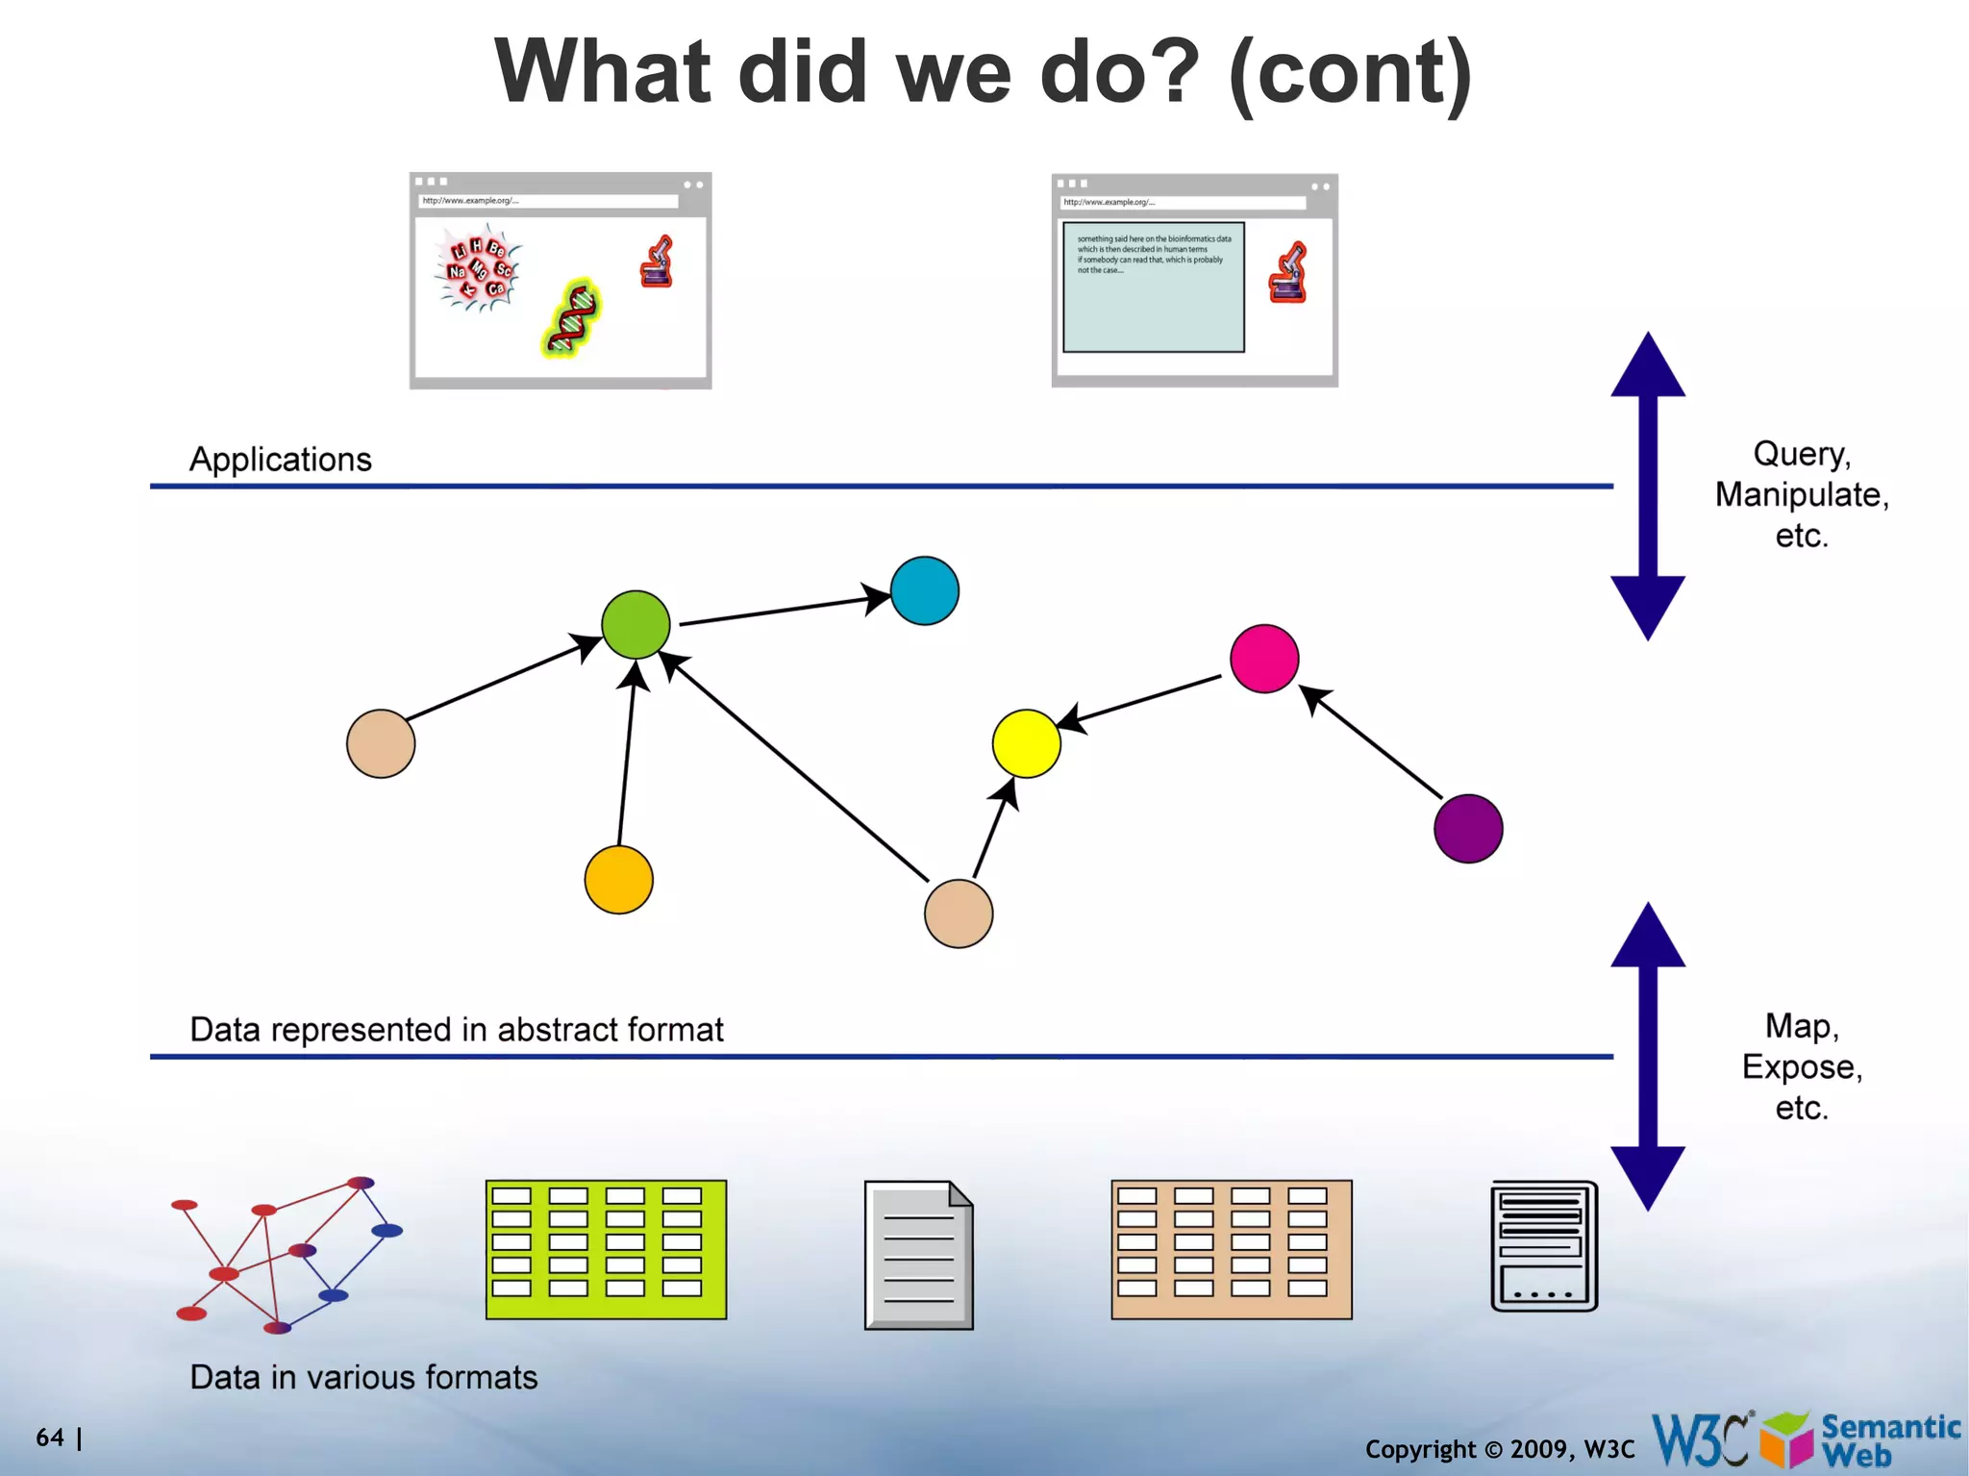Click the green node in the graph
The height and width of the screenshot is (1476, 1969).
636,625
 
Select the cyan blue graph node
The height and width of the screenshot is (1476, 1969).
924,590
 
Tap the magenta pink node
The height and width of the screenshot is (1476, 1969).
1264,659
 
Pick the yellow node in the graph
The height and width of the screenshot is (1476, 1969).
1026,743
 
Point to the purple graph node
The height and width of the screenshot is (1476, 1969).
1467,828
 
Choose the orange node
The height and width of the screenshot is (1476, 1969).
618,880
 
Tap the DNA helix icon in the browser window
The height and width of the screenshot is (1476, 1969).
572,318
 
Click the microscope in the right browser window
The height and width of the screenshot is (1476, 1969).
1287,273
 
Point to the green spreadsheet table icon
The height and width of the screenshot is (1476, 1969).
606,1249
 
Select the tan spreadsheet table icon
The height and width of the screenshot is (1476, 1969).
1231,1249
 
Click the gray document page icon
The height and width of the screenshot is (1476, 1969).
918,1255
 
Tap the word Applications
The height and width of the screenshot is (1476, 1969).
280,460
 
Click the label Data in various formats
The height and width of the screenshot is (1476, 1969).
363,1377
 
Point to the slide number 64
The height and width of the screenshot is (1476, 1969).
50,1438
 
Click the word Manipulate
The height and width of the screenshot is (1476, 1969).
1801,495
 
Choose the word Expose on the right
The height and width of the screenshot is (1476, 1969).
1801,1067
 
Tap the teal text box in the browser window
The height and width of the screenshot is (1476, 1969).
1153,288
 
